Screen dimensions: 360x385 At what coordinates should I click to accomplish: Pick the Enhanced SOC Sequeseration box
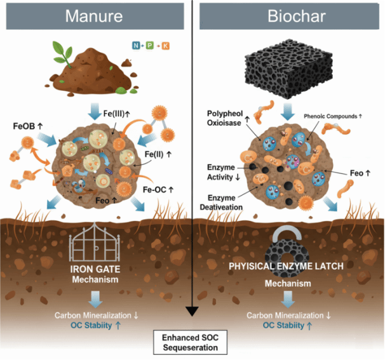point(191,343)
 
